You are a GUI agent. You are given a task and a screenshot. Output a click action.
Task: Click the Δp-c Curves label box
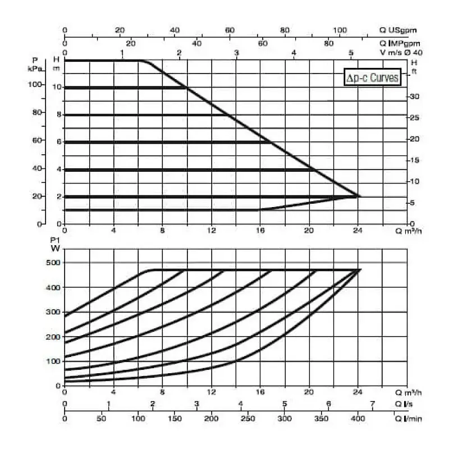point(372,77)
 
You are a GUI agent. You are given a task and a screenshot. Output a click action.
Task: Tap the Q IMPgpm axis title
point(400,43)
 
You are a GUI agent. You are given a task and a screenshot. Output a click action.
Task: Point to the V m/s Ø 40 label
point(401,52)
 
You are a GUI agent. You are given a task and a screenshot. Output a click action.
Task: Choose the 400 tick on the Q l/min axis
point(358,419)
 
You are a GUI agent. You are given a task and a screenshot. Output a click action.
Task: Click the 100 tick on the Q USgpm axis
point(340,30)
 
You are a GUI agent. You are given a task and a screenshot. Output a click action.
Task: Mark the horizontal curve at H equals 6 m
point(168,142)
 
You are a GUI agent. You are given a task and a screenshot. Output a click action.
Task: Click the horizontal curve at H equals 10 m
point(123,88)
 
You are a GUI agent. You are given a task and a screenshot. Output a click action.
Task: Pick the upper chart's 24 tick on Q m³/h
point(358,231)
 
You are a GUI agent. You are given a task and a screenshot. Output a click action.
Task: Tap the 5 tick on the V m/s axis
point(351,53)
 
